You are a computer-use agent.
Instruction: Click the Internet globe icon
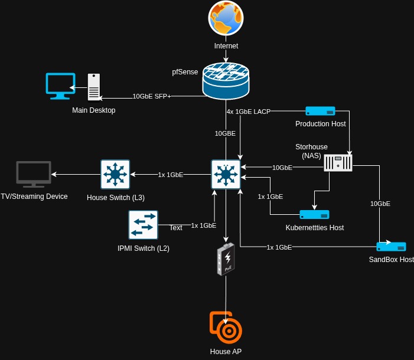[226, 18]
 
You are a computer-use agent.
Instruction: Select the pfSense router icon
[226, 80]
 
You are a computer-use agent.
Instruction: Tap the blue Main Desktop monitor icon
[61, 86]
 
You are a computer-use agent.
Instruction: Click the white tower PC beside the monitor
[94, 87]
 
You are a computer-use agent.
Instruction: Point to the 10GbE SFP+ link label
[152, 96]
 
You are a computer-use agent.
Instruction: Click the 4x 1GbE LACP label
[248, 112]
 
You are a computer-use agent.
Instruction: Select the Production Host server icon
[320, 111]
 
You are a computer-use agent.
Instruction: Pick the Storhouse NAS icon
[338, 163]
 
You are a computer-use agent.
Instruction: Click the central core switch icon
[226, 174]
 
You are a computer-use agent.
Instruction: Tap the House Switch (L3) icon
[115, 174]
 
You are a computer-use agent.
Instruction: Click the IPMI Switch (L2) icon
[143, 225]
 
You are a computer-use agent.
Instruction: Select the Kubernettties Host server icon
[314, 214]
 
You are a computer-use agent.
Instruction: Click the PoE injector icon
[226, 259]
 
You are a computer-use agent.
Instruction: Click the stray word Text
[176, 228]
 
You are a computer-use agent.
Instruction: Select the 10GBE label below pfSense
[225, 133]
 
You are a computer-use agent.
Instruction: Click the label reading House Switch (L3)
[116, 197]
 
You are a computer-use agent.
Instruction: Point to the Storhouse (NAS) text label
[311, 150]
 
